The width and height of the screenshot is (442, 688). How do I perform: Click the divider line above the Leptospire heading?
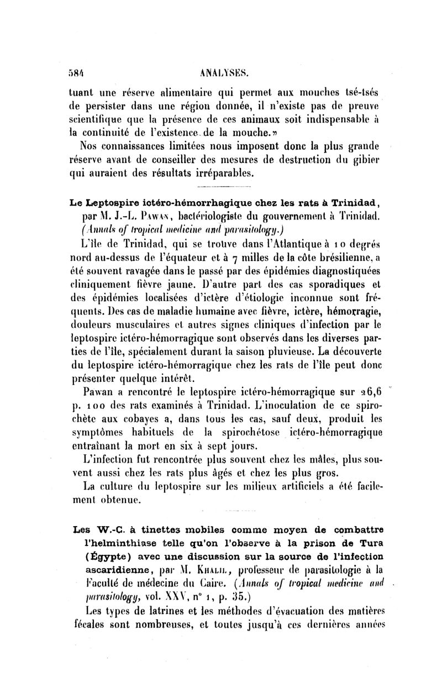(219, 188)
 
